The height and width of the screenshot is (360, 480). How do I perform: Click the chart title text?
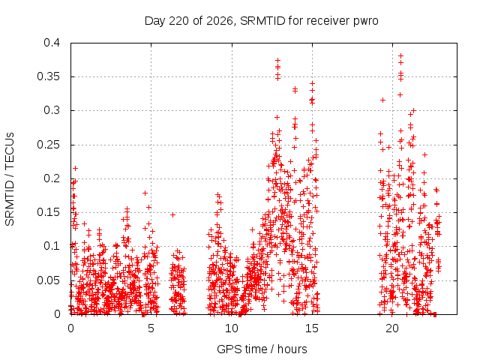262,21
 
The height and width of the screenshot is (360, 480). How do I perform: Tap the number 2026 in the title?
220,21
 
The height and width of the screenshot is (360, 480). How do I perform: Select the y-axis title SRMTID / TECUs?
10,179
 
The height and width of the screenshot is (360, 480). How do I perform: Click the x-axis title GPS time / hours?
262,349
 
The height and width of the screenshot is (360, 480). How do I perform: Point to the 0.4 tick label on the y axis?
52,43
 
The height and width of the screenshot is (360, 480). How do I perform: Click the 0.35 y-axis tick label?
48,76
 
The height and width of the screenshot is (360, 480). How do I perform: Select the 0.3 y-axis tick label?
52,110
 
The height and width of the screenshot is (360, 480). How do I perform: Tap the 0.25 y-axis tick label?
48,145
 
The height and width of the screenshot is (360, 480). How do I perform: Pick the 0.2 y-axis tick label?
52,178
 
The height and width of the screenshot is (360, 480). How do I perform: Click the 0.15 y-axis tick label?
48,212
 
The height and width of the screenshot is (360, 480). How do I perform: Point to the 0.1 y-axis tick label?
52,246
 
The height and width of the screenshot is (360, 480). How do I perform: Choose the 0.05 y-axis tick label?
48,280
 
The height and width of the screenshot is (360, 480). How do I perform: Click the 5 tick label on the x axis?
151,328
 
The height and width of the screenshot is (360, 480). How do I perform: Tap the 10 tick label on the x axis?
232,328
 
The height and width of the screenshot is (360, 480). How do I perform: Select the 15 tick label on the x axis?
312,328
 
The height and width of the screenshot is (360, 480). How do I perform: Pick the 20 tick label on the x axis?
392,328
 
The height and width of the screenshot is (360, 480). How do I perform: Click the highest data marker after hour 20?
400,56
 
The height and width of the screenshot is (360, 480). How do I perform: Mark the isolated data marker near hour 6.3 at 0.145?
173,215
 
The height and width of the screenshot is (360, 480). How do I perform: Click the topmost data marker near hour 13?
277,60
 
